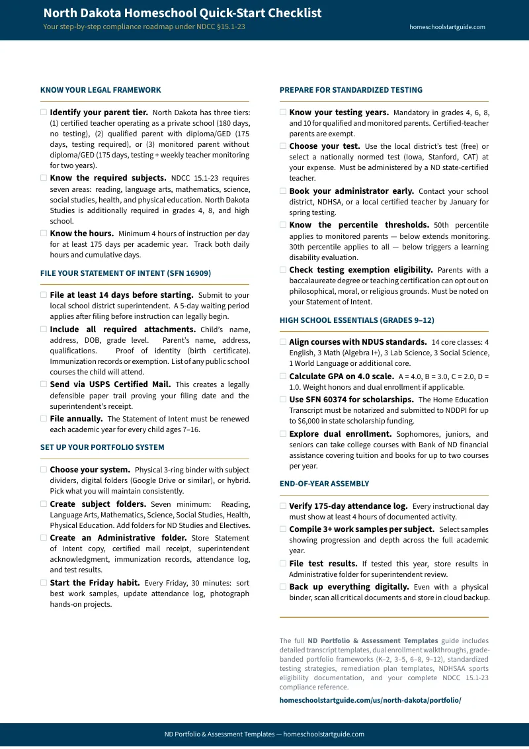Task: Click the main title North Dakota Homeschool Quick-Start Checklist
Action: (183, 13)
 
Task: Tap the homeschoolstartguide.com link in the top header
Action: (447, 27)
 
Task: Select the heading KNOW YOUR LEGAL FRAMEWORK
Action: (101, 90)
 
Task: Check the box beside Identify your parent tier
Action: (44, 112)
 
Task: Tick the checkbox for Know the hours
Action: (44, 234)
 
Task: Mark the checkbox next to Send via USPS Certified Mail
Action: (44, 384)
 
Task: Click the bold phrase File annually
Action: (76, 419)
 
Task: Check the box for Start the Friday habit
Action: (44, 583)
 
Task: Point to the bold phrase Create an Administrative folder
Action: (118, 538)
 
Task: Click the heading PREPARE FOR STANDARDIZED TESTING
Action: (350, 90)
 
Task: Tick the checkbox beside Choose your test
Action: (283, 146)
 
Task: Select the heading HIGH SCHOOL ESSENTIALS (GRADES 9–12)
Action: (356, 320)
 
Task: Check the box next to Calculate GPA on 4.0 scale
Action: (283, 376)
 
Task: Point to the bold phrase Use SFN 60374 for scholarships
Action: (351, 400)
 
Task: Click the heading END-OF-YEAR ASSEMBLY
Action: (324, 484)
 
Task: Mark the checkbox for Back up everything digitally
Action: (283, 587)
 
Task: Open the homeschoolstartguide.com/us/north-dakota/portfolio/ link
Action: (370, 700)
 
